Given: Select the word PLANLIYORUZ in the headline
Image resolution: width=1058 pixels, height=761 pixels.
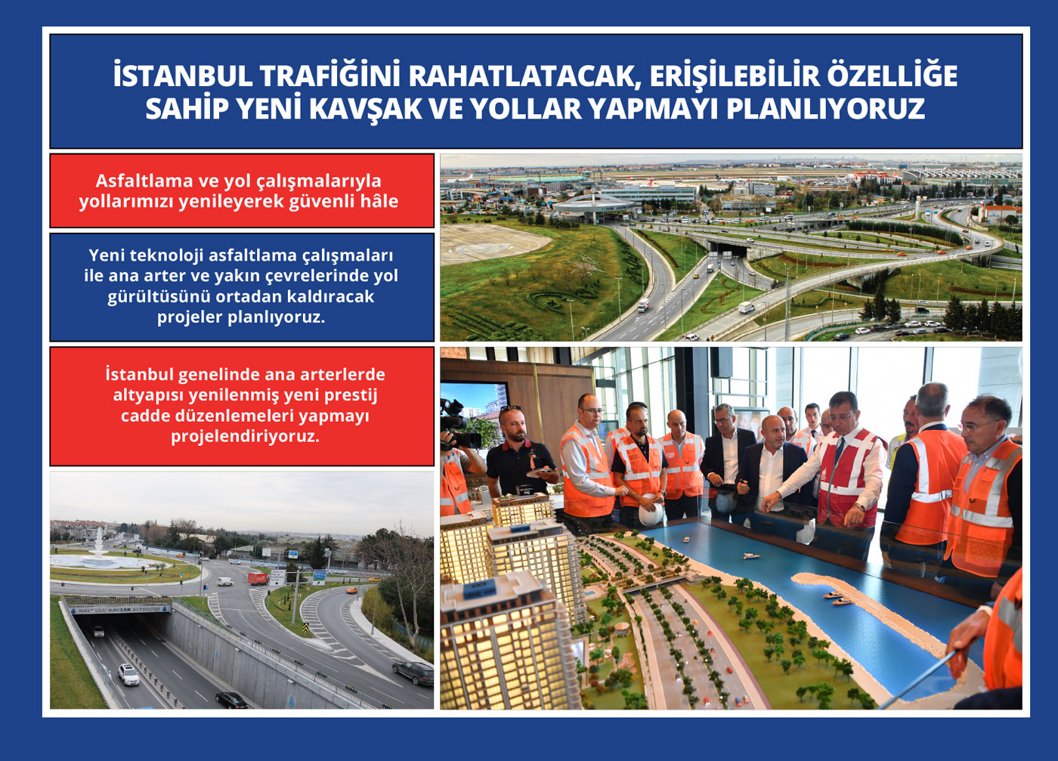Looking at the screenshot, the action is coord(825,109).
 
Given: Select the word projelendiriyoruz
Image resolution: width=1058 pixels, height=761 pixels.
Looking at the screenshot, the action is coord(245,437).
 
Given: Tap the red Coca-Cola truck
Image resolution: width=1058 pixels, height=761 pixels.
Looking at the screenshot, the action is coord(258,579).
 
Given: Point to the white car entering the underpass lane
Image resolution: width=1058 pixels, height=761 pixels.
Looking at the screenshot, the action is coord(128,674).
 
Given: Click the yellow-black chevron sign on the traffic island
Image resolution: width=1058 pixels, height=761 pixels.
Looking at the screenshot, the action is coord(305,629).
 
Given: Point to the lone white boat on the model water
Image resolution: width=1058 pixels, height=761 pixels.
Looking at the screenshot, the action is coord(751,556).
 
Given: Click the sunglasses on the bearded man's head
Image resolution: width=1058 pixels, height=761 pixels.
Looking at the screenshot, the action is coord(511,407).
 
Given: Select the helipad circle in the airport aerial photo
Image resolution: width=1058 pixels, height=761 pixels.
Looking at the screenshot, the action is coord(483,247).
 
